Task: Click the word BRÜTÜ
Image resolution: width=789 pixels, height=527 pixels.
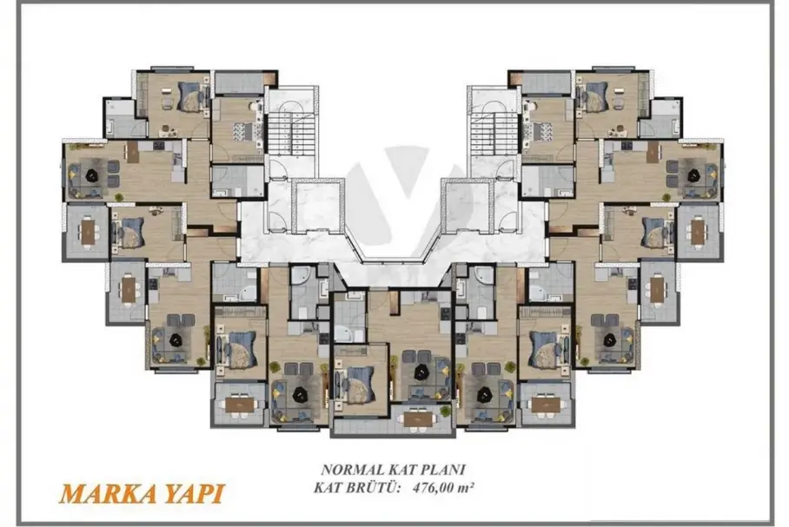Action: coord(374,487)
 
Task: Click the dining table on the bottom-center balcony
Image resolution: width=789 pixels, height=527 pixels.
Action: coord(419,418)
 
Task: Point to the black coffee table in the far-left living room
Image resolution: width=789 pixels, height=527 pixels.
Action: coord(93,175)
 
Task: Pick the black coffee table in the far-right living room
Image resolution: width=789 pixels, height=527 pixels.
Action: coord(694,175)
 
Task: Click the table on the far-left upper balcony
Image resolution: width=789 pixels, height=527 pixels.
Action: coord(89,232)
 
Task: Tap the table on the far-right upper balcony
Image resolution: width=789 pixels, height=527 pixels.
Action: coord(698,232)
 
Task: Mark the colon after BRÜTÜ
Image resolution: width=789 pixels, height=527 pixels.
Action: coord(403,488)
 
